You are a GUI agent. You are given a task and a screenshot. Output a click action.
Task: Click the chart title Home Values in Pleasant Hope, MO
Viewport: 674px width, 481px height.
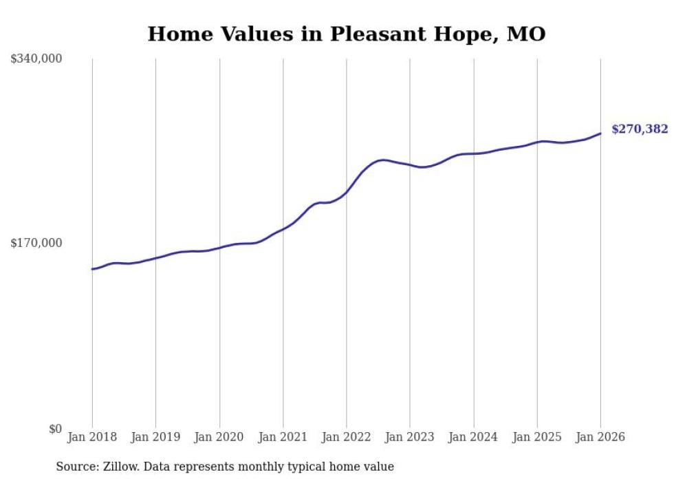click(x=346, y=34)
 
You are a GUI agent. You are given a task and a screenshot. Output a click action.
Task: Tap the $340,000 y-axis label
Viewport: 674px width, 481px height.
click(x=36, y=59)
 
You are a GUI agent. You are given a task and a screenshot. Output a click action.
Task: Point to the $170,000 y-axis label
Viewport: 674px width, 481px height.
click(x=36, y=243)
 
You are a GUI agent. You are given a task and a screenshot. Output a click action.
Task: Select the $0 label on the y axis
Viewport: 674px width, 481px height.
click(x=55, y=429)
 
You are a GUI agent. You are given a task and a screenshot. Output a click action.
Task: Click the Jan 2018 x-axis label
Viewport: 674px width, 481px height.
click(x=92, y=437)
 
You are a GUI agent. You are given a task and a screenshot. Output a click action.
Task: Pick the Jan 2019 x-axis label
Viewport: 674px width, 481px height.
click(x=155, y=437)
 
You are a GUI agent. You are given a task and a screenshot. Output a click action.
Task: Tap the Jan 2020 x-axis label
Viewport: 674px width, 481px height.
click(x=219, y=437)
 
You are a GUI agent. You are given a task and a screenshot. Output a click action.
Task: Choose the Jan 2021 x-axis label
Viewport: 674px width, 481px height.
click(x=283, y=437)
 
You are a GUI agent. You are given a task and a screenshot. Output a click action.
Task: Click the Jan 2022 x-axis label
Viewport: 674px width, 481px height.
click(x=346, y=437)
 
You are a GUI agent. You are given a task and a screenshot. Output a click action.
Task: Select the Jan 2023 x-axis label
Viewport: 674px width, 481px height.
click(x=410, y=437)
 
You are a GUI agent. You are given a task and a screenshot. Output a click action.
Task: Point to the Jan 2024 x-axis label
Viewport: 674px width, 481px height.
click(x=473, y=437)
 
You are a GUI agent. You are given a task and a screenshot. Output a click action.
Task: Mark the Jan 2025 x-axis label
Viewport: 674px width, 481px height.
click(x=536, y=437)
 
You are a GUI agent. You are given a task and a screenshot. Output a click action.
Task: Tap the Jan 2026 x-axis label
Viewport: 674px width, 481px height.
click(x=600, y=437)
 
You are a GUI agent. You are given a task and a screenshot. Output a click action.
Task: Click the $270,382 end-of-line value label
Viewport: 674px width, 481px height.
click(x=640, y=129)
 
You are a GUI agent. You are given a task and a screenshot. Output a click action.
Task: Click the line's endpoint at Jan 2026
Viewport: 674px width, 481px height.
click(x=600, y=133)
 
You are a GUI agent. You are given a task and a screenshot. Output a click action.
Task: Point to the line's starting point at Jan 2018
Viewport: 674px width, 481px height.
click(x=92, y=269)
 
